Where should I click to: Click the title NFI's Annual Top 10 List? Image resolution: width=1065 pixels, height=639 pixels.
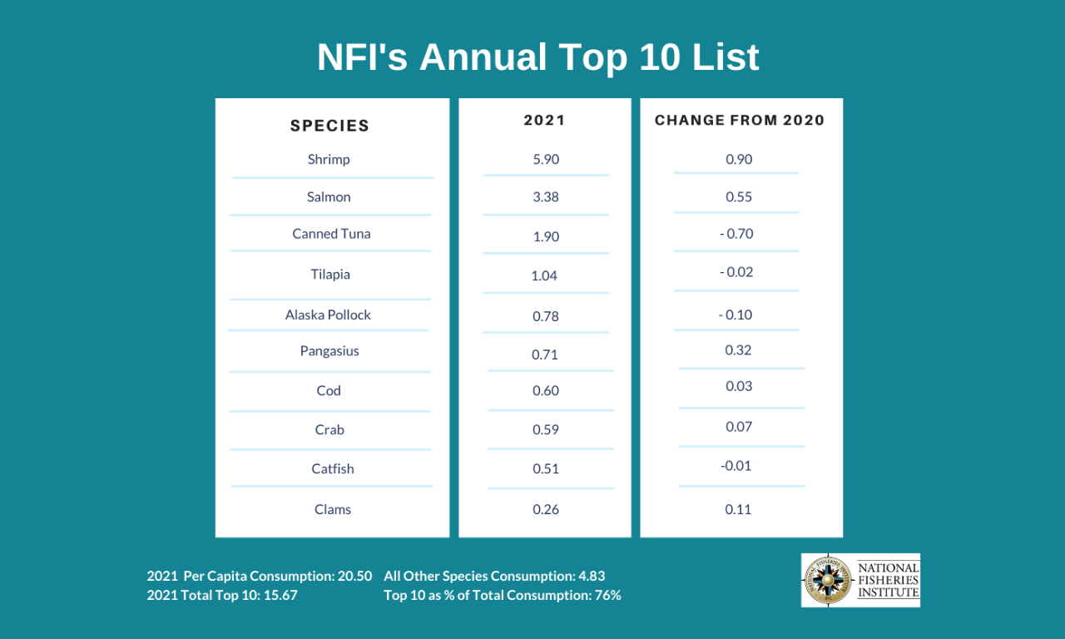(537, 57)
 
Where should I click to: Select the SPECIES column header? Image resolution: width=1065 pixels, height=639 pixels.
(329, 126)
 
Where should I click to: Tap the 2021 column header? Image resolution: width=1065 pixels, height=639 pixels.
(544, 120)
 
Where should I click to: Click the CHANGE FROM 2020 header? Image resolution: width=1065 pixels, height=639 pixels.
(740, 120)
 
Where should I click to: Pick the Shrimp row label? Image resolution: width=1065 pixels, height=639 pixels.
(329, 159)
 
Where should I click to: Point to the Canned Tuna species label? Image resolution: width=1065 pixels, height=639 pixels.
(331, 234)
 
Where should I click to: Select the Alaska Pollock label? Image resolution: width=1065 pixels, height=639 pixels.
(328, 315)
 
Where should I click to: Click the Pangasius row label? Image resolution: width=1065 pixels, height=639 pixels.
(329, 351)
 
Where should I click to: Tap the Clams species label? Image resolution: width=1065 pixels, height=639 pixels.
(333, 509)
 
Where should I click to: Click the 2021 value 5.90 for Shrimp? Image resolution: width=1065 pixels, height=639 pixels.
(546, 159)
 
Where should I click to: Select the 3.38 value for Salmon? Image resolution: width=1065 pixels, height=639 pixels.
(546, 197)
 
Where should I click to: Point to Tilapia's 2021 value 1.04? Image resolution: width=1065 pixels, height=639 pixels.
(544, 275)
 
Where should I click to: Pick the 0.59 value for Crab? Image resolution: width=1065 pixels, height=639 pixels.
(546, 430)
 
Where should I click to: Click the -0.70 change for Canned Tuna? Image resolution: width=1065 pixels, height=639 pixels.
(736, 234)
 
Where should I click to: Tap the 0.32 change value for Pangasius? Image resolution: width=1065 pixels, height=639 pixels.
(739, 350)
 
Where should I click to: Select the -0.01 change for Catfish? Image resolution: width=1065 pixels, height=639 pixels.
(736, 465)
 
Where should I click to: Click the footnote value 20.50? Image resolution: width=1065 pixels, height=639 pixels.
(355, 576)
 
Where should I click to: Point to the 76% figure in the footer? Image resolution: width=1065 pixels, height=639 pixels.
(607, 595)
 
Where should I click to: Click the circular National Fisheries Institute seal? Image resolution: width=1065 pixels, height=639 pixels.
(828, 580)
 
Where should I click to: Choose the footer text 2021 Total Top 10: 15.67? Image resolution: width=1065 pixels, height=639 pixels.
(222, 595)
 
